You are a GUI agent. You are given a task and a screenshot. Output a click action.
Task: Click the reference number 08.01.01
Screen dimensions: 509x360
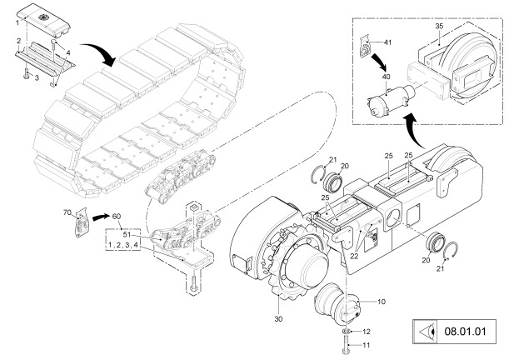[465, 332]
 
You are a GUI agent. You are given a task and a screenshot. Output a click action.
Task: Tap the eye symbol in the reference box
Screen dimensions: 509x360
[426, 332]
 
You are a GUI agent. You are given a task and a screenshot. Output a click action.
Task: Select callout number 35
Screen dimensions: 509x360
[439, 27]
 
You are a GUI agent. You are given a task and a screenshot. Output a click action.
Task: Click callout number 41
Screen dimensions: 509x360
[387, 42]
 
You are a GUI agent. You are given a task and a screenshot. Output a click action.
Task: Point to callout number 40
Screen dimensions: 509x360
[387, 77]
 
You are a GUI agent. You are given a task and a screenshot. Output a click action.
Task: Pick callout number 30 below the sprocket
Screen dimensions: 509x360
[278, 319]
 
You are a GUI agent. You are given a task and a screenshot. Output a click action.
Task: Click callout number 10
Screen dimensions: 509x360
[382, 302]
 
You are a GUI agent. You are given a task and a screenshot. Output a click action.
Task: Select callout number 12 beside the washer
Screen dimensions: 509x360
[367, 332]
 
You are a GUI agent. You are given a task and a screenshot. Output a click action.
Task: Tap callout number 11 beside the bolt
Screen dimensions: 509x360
[366, 345]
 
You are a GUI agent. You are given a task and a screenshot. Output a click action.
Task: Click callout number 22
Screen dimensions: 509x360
[354, 256]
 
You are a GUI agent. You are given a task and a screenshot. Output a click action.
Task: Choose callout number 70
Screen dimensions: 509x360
[67, 212]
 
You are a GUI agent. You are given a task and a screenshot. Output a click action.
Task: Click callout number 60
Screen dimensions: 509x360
[117, 217]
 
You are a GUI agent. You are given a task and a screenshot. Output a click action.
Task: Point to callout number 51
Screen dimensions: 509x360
[127, 234]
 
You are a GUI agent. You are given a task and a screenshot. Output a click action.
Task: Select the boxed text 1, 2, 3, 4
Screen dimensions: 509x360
[123, 245]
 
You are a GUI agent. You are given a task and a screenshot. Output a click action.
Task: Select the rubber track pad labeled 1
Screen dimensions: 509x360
[42, 18]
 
